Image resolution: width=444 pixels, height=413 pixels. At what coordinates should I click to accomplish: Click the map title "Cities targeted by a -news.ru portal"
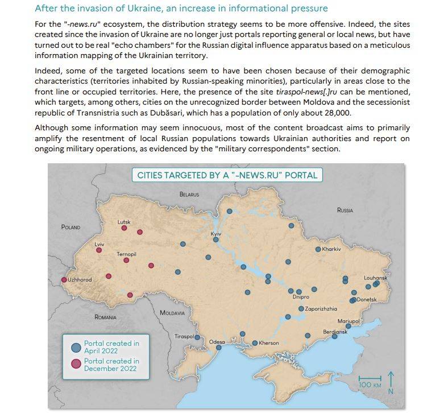click(227, 175)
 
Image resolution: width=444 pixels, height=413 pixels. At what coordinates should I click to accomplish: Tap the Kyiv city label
click(215, 234)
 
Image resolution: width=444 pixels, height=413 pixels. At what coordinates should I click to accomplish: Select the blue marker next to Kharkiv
click(318, 249)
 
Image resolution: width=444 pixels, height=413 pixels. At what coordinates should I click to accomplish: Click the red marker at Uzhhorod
click(64, 280)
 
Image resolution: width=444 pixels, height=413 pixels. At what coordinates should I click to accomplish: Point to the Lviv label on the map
click(99, 243)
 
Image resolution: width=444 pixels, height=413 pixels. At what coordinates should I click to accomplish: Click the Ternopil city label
click(126, 254)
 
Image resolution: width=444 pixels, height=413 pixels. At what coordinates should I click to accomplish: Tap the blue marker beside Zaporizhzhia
click(301, 309)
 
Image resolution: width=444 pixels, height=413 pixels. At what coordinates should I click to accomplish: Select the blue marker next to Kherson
click(255, 343)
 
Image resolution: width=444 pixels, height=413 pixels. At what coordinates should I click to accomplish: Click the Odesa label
click(217, 342)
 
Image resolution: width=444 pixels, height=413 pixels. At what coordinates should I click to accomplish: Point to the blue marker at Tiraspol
click(198, 337)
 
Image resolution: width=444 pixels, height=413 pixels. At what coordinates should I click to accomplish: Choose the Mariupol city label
click(348, 321)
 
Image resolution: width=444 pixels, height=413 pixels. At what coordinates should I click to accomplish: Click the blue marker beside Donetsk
click(353, 300)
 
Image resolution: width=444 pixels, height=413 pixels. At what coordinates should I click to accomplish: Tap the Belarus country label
click(189, 195)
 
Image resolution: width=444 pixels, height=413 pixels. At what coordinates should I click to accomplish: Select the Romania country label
click(105, 317)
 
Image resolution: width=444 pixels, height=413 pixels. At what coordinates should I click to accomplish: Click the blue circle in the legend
click(76, 346)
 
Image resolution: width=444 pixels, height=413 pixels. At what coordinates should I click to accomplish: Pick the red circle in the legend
click(76, 364)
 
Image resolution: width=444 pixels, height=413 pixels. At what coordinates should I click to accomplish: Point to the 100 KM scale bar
click(370, 378)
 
